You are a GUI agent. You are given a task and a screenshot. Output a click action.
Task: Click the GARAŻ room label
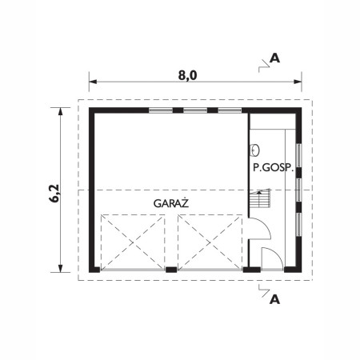[x=170, y=203]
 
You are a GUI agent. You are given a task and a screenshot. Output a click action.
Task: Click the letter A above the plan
[x=275, y=58]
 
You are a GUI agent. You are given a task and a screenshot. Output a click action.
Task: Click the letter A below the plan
[x=275, y=300]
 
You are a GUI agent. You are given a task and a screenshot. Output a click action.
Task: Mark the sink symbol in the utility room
[x=255, y=149]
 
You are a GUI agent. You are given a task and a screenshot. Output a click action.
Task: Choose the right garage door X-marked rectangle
[x=209, y=240]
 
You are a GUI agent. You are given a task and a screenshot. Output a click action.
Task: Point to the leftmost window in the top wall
[x=161, y=110]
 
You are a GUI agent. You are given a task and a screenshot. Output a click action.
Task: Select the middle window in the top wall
[x=195, y=110]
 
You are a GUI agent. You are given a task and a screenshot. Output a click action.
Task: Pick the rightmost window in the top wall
[x=230, y=110]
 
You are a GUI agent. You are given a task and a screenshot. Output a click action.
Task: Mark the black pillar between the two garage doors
[x=171, y=270]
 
